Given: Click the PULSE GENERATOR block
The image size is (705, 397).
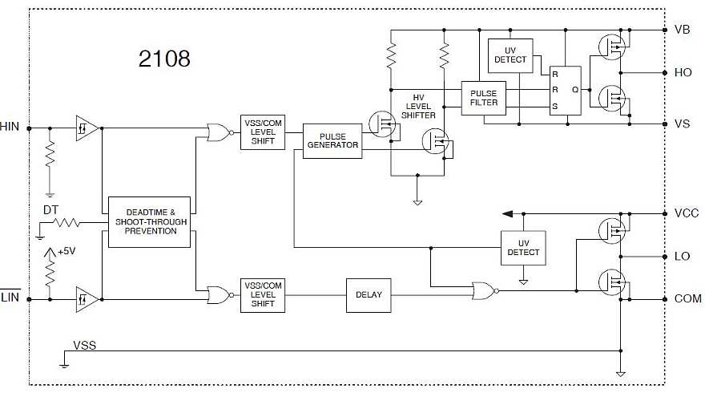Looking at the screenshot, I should (x=332, y=140).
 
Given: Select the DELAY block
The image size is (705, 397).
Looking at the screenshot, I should (x=369, y=295).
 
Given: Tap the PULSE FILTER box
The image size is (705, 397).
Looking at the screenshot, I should (x=484, y=97).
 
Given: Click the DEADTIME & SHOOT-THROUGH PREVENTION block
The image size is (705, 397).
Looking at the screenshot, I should (x=149, y=221).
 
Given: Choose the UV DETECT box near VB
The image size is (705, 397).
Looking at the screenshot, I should (x=510, y=55).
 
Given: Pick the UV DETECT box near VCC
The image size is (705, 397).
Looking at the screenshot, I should (x=523, y=248).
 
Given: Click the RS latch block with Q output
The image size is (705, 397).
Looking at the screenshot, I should (x=566, y=90).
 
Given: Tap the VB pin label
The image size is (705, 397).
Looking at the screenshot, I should (x=683, y=30).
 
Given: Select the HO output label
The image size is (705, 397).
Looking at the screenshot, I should (x=683, y=72).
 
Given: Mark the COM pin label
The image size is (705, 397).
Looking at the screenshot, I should (x=687, y=298).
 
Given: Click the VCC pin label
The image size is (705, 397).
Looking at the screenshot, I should (x=687, y=214).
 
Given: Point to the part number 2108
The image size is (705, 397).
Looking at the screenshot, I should (x=163, y=59).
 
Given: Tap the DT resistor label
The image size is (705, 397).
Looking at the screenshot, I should (x=50, y=210).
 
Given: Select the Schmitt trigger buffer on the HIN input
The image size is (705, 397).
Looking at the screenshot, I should (x=87, y=128).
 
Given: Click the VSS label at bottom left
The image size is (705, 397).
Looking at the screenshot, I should (x=84, y=345).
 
